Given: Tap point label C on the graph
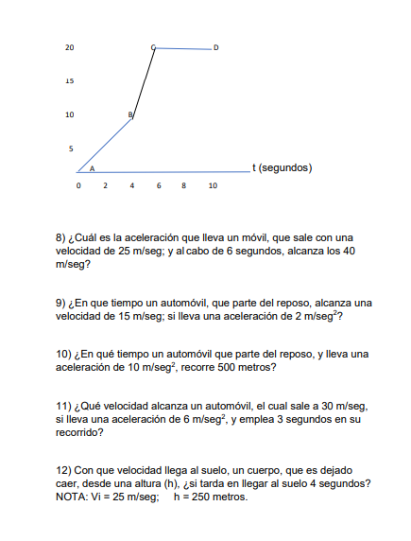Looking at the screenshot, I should coord(152,46).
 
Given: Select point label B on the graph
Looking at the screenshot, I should coord(129,114).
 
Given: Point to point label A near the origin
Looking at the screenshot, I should coord(92,167).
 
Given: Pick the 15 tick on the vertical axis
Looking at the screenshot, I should coord(70,81).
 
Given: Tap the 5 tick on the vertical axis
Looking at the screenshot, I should coord(70,148).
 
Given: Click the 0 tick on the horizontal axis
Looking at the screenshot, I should coord(78,186).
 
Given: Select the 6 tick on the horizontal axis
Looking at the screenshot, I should coord(159,186).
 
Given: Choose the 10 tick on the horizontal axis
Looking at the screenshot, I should coord(213,186).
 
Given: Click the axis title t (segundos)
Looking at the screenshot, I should coord(282,167).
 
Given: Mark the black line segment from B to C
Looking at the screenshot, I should coord(144,81).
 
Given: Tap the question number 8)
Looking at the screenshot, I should coord(63,236).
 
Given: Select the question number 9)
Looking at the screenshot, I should coord(63,303).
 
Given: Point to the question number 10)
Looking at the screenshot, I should coord(66,354).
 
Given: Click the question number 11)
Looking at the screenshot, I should coord(66,407).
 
